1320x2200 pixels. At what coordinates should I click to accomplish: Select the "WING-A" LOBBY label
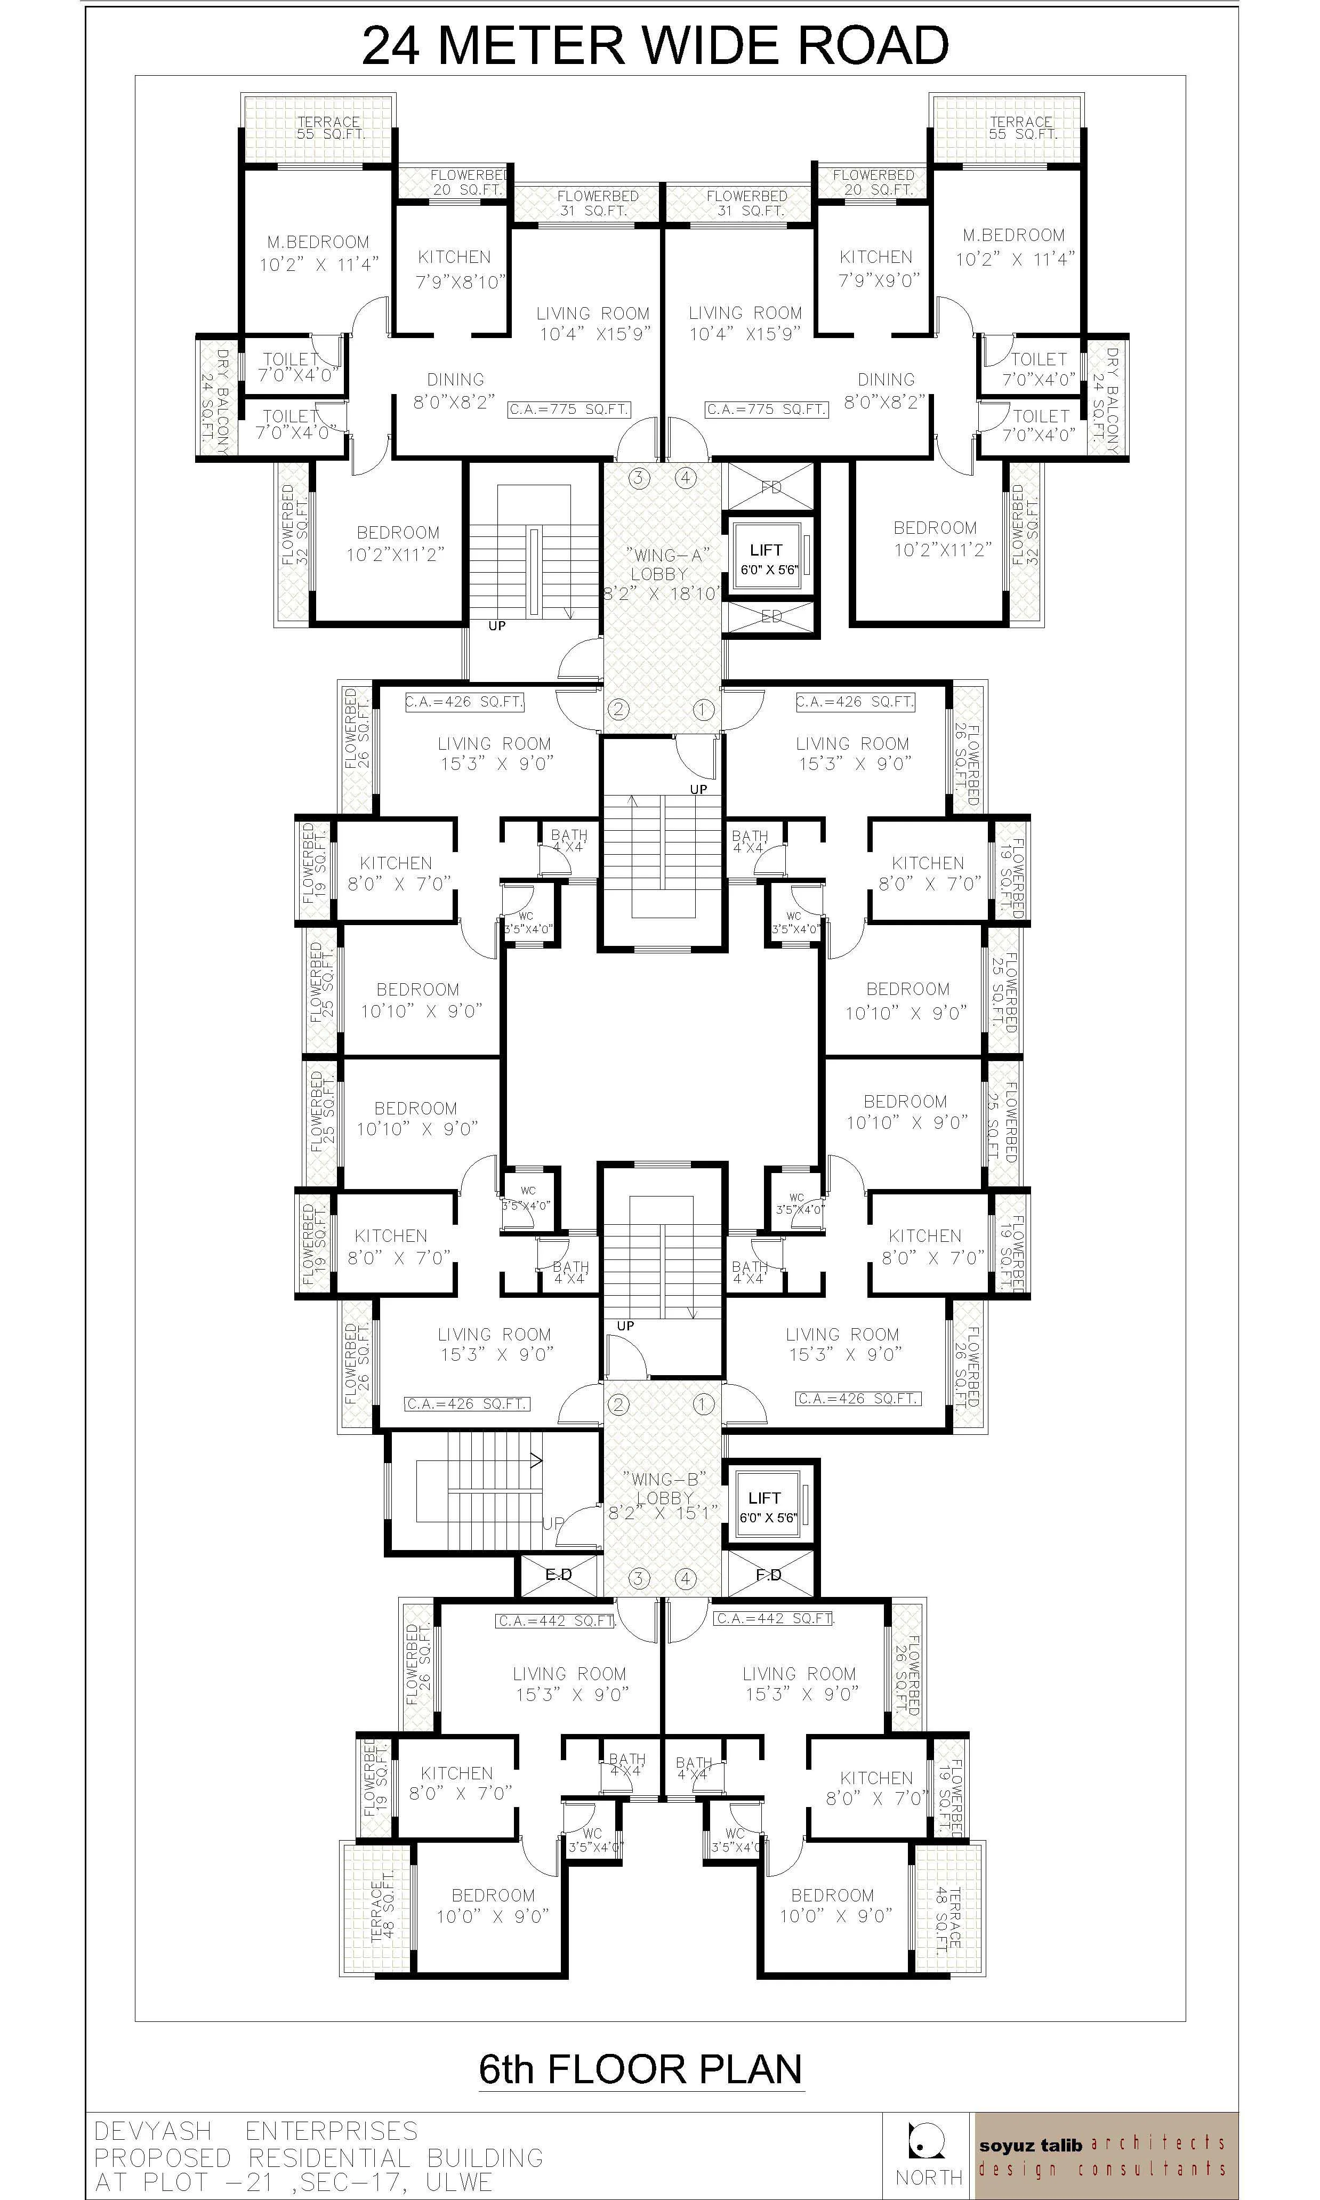(x=659, y=564)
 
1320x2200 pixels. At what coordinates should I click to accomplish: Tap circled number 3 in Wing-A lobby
(x=639, y=478)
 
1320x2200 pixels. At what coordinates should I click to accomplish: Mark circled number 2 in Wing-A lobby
(x=618, y=709)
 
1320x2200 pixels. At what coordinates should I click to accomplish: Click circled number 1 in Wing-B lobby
(x=703, y=1404)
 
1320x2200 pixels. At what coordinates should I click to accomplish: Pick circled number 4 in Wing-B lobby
(x=685, y=1579)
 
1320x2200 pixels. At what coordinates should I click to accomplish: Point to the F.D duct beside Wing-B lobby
(x=769, y=1575)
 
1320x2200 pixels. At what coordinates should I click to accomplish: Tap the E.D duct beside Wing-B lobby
(x=559, y=1575)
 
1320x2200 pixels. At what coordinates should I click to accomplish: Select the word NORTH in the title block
(x=929, y=2177)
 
